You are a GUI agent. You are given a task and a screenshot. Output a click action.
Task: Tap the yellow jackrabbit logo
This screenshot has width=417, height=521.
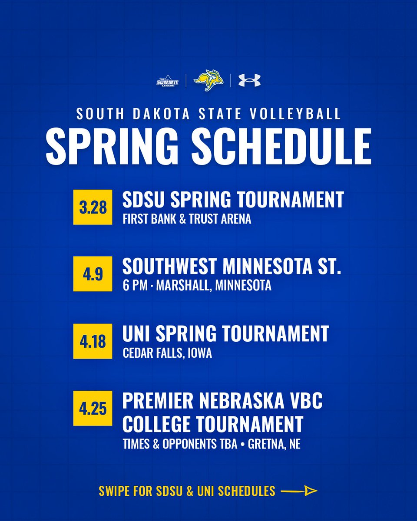(x=208, y=81)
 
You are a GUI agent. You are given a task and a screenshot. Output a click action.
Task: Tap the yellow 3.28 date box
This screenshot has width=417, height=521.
(x=93, y=208)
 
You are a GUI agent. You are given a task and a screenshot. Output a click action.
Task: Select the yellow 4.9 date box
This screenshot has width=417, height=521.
(x=93, y=274)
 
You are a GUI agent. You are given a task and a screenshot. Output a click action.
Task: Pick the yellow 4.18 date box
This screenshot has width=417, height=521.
(x=93, y=341)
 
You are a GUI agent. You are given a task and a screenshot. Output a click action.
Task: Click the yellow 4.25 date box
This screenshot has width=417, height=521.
(x=93, y=408)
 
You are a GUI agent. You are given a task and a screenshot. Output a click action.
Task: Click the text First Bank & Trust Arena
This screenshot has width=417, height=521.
(x=187, y=220)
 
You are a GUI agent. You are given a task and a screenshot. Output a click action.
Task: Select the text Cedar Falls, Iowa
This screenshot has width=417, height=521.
(x=167, y=353)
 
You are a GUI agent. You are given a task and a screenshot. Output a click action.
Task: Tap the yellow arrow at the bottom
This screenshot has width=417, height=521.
(x=299, y=491)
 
